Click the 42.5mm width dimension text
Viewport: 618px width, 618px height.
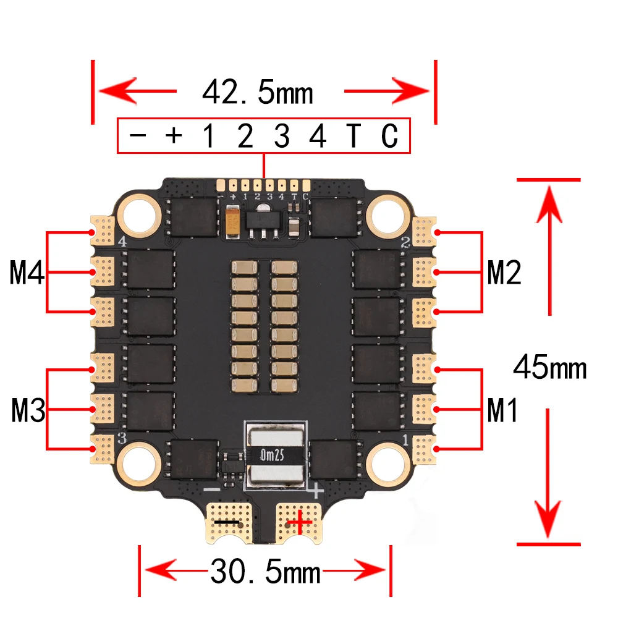coord(258,93)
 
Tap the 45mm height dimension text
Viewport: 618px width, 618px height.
coord(549,368)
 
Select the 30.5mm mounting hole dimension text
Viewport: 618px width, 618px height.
coord(266,572)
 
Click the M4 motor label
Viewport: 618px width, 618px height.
coord(27,273)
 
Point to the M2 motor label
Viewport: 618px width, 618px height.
coord(504,273)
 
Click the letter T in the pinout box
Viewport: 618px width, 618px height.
coord(352,137)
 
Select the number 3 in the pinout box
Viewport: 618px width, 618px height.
coord(282,137)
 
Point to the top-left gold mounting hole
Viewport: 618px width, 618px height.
coord(139,214)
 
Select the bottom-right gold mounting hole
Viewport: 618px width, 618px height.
coord(387,462)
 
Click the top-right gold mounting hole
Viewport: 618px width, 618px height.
coord(387,214)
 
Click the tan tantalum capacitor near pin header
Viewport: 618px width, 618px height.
coord(233,222)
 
